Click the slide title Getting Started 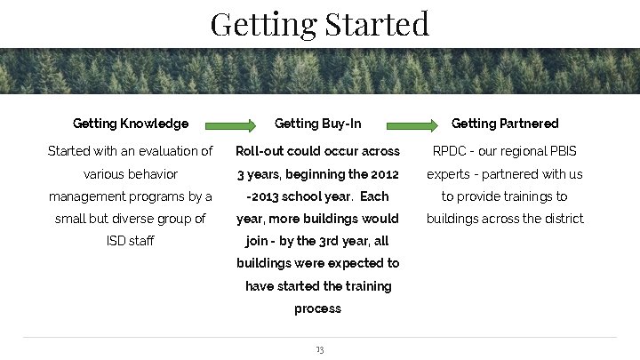[320, 23]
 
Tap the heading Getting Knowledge [131, 124]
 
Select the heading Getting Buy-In [317, 124]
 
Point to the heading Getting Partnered [505, 124]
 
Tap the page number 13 [319, 350]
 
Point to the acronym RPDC [451, 151]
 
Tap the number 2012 [383, 173]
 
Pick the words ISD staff [130, 241]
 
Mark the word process [317, 308]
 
